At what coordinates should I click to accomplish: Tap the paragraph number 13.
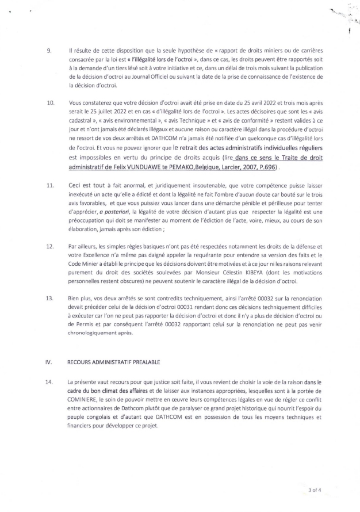[x=49, y=299]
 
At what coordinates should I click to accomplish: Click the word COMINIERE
[x=81, y=399]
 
